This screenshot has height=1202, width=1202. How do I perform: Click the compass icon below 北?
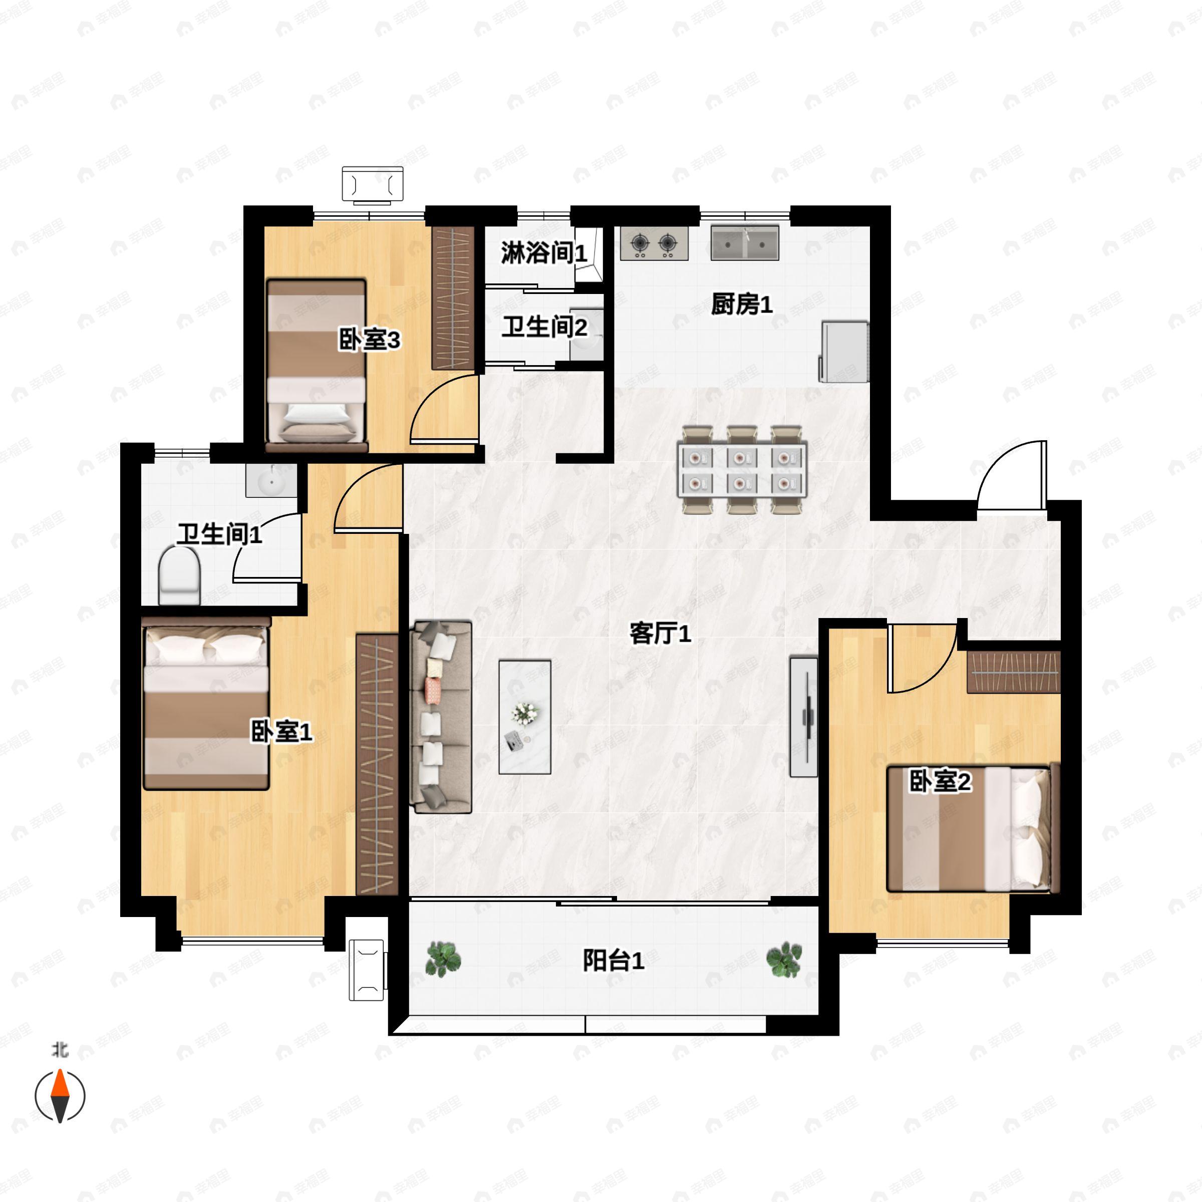point(60,1096)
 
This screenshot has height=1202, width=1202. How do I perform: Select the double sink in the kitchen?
point(745,242)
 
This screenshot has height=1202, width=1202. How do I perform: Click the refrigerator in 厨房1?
point(843,352)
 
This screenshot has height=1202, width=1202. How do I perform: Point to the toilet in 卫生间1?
point(179,575)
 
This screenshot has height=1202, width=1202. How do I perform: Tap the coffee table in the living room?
point(524,717)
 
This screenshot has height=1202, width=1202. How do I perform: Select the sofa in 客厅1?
point(441,717)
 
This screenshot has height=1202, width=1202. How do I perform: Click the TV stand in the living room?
point(803,716)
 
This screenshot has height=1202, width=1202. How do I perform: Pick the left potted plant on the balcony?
point(443,958)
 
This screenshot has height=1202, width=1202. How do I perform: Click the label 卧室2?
point(940,781)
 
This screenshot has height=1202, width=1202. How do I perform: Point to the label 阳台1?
point(614,961)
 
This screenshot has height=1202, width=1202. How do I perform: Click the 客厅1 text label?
point(660,634)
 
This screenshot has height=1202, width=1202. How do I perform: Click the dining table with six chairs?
point(742,470)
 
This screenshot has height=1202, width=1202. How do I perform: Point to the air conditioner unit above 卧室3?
point(373,185)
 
